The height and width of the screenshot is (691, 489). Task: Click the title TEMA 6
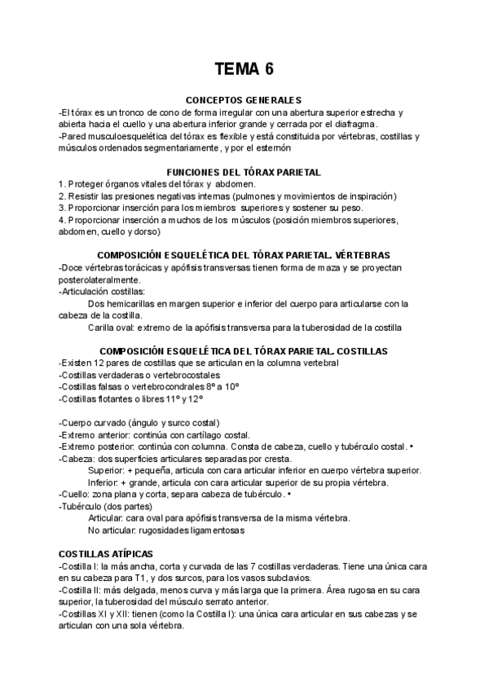[x=244, y=68]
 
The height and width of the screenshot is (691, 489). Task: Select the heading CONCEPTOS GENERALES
[x=244, y=100]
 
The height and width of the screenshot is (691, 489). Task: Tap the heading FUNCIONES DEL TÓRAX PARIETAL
[x=244, y=172]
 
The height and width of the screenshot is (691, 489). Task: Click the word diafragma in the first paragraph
[x=352, y=123]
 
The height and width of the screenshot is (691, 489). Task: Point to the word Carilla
[x=104, y=328]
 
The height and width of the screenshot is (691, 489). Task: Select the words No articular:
[x=113, y=530]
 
